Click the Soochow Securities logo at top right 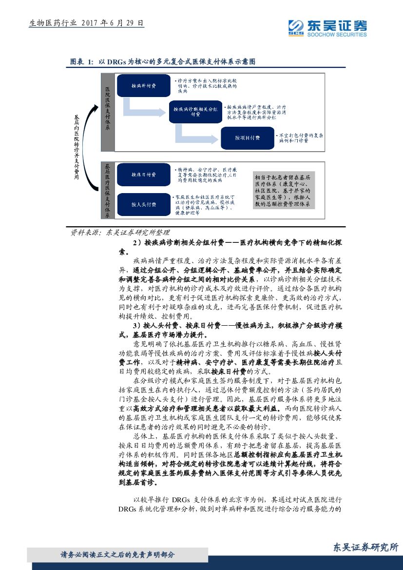coord(327,28)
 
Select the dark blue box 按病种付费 coord(143,86)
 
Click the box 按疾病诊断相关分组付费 coord(195,112)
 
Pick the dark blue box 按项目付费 coord(247,138)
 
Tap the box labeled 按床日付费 coord(143,174)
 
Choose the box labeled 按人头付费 coord(143,204)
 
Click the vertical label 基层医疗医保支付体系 coord(108,191)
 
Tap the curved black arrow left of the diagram coord(88,146)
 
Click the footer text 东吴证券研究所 coord(365,547)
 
